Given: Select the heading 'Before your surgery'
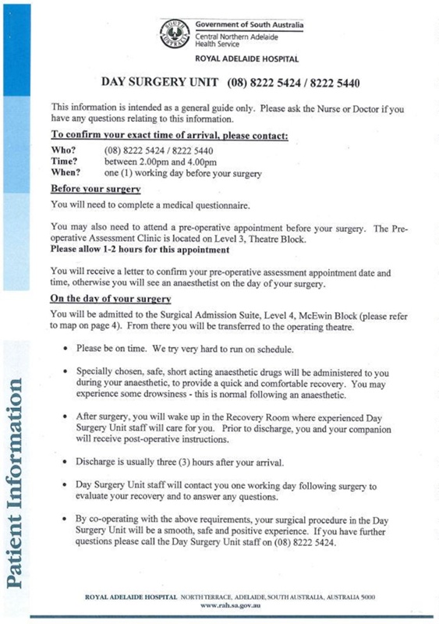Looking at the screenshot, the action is click(95, 190).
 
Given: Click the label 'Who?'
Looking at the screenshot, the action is click(64, 150).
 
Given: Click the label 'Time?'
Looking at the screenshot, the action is click(65, 161).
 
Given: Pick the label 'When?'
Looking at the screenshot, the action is click(66, 172).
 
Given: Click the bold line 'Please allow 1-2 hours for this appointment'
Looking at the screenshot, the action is click(140, 250).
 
